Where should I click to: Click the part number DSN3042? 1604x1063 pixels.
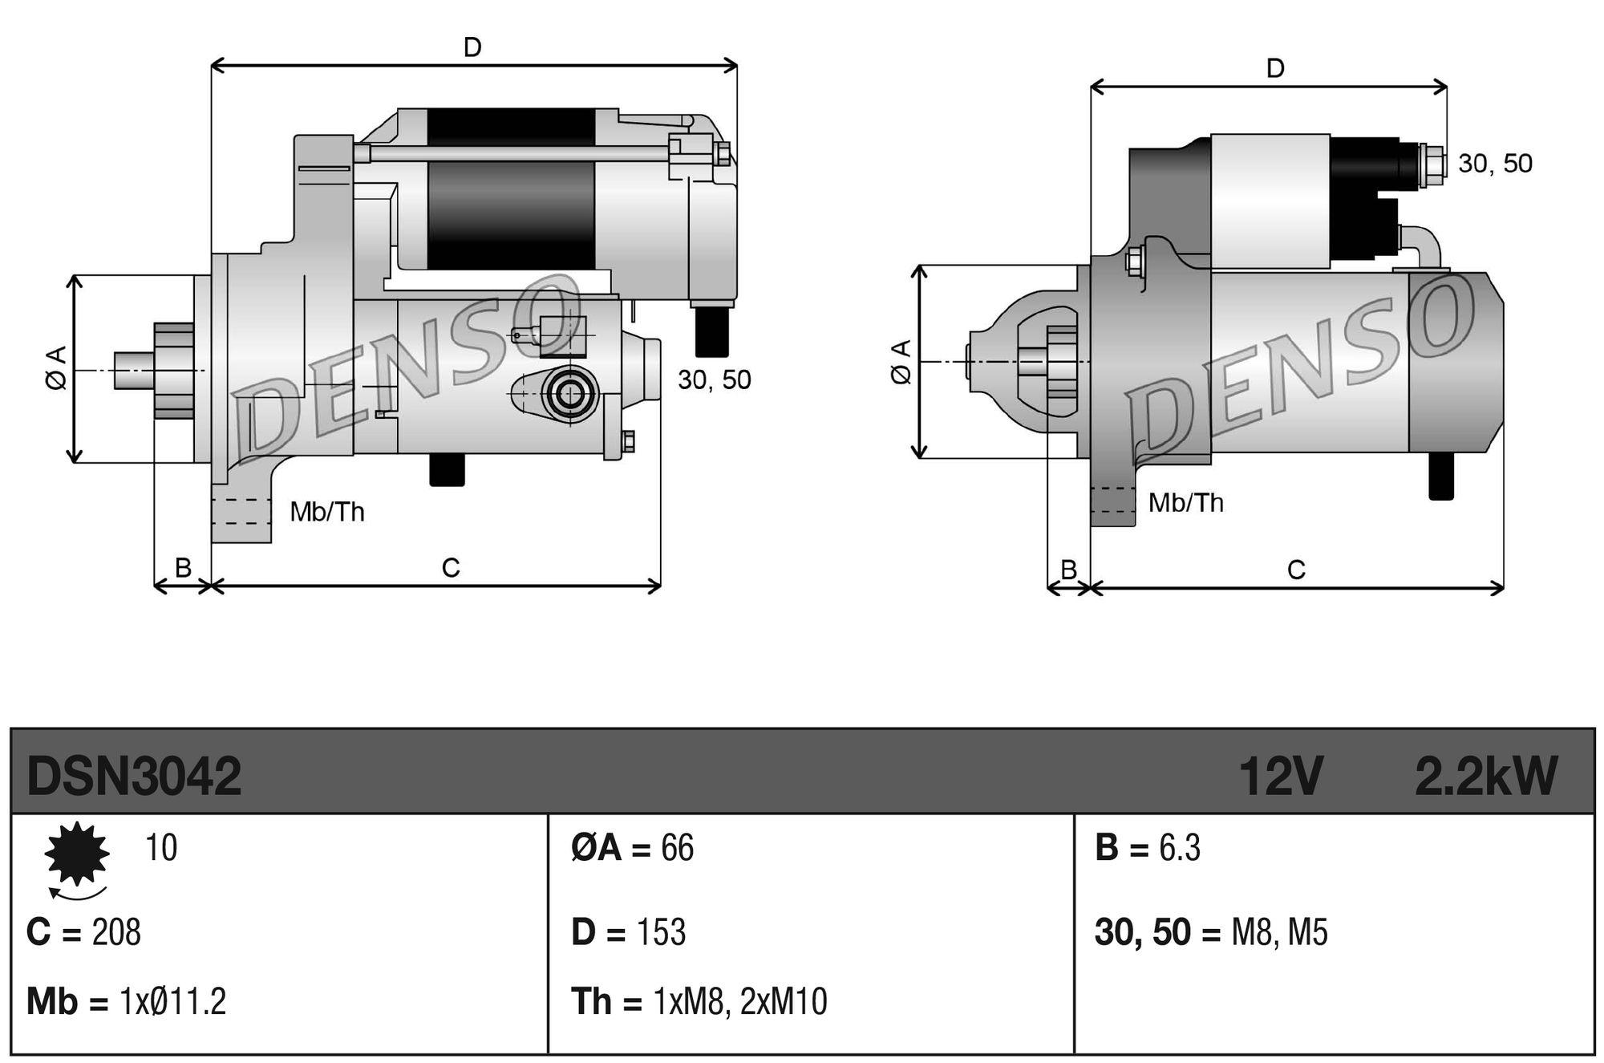pos(134,777)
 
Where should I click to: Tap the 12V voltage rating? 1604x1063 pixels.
pos(1280,777)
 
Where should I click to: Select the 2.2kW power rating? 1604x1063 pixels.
pos(1485,777)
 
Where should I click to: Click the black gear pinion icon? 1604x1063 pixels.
pos(77,854)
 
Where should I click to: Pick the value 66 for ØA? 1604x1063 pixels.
pos(677,848)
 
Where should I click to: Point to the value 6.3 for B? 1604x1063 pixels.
pos(1180,848)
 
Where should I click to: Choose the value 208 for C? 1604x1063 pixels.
pos(116,932)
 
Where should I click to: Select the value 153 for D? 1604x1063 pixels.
pos(661,932)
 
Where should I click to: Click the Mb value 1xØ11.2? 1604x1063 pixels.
pos(172,1002)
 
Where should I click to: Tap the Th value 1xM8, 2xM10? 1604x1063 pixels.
pos(740,1002)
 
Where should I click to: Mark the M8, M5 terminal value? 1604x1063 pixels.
pos(1279,932)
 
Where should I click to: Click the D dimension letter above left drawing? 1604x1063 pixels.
pos(472,48)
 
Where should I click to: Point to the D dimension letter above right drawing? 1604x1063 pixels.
pos(1275,69)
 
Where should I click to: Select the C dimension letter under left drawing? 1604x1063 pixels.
pos(451,568)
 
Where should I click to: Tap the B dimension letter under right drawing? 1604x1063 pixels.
pos(1068,570)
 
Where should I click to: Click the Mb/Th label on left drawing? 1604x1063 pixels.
pos(327,511)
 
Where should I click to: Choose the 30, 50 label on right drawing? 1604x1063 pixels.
pos(1495,164)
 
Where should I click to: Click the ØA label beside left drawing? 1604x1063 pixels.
pos(56,369)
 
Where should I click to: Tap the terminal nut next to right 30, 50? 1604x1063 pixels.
pos(1432,164)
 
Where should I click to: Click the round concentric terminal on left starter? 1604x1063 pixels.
pos(571,393)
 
